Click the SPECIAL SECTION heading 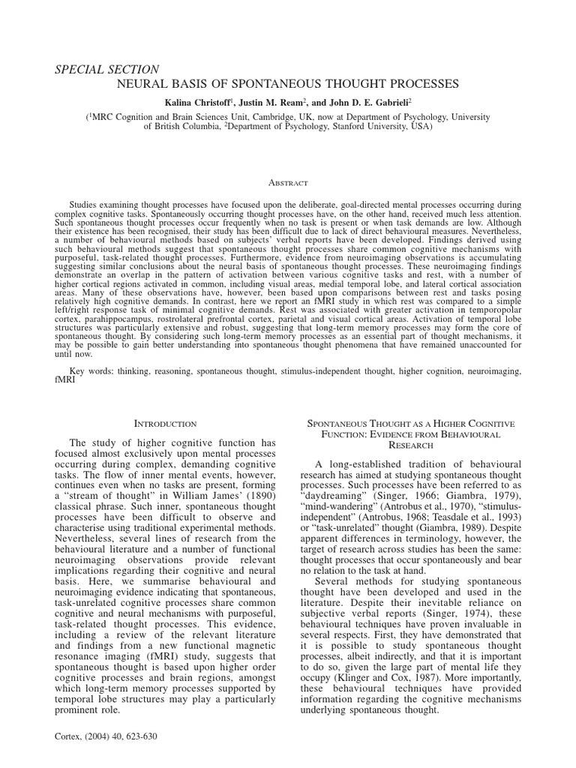pyautogui.click(x=106, y=69)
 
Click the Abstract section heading pyautogui.click(x=288, y=182)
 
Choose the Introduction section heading pyautogui.click(x=165, y=424)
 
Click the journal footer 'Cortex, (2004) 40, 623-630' pyautogui.click(x=106, y=736)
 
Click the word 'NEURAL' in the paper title pyautogui.click(x=143, y=83)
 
